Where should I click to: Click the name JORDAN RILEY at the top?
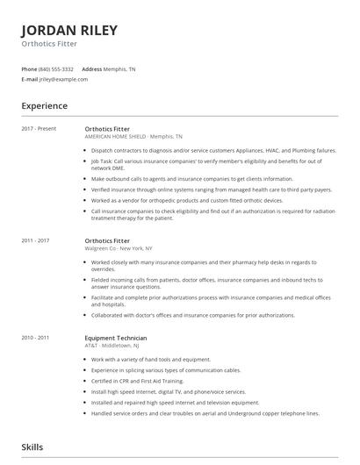(x=69, y=30)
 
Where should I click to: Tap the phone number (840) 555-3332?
(x=57, y=68)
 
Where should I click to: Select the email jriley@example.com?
(x=64, y=79)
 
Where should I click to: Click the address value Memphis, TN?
(x=120, y=68)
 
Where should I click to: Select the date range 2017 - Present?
(x=40, y=128)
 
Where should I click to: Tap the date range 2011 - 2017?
(x=36, y=240)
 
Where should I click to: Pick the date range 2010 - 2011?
(x=36, y=338)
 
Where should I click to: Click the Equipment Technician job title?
(x=116, y=338)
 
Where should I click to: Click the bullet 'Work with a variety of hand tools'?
(x=151, y=360)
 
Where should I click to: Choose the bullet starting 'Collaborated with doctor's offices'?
(x=192, y=314)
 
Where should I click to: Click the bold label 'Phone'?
(x=29, y=68)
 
